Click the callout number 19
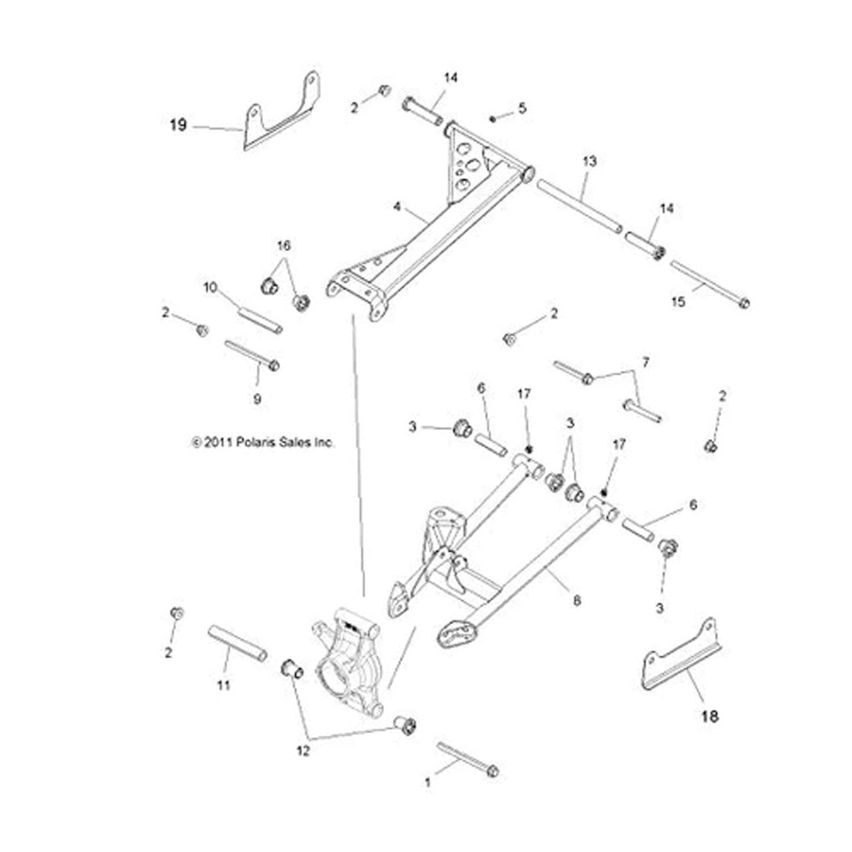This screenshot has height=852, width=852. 177,126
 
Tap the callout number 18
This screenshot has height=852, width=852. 708,717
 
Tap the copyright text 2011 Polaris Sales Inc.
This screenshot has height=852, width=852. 263,443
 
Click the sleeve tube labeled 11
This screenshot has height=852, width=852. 238,643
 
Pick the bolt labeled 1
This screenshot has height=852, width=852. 468,759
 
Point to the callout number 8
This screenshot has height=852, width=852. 578,600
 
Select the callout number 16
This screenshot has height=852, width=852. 283,245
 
